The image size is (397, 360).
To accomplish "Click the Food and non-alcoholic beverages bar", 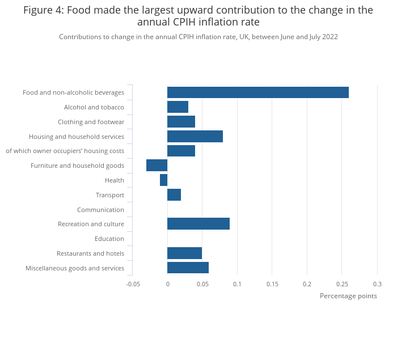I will tap(258, 92).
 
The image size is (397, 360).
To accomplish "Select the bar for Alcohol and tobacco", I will tap(178, 107).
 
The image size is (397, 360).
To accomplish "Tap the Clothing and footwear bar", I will tap(181, 122).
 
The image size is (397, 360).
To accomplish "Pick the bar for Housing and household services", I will tap(195, 136).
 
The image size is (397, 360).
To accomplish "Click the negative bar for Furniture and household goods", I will tap(157, 166).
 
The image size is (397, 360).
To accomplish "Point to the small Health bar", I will tap(164, 180).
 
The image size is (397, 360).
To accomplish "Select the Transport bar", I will tap(174, 195).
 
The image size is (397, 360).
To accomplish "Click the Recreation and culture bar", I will tap(198, 224).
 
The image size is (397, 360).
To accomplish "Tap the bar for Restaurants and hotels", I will tap(184, 253).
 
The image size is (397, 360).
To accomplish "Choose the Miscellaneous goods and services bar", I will tap(188, 268).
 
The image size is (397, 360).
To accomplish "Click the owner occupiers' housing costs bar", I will tap(181, 151).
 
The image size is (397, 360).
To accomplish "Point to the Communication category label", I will tap(100, 210).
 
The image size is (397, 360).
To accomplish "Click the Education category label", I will tap(109, 239).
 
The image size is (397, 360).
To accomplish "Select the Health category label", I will tap(115, 180).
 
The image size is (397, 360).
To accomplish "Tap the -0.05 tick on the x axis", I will tap(133, 284).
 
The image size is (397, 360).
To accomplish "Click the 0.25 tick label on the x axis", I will tap(342, 284).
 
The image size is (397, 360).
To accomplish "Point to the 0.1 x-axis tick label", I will tap(237, 284).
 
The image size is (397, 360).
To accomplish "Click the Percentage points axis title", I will tap(348, 296).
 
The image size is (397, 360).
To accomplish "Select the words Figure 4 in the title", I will tap(42, 10).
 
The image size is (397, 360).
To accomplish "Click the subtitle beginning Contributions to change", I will tap(198, 37).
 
